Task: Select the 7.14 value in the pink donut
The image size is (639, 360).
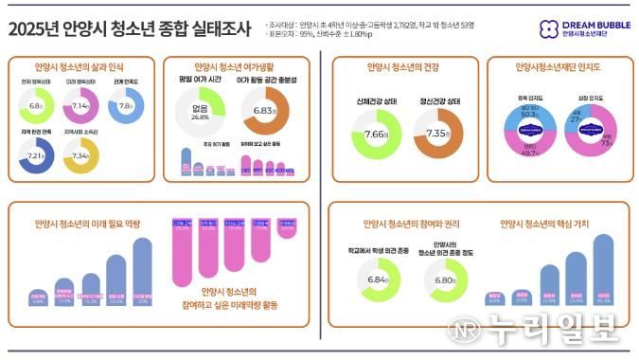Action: point(81,107)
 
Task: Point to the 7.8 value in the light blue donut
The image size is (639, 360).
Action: point(126,107)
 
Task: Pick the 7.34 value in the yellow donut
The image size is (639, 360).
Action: point(81,155)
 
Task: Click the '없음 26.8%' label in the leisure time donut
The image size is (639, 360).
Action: point(200,115)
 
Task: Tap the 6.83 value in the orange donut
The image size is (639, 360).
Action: point(266,112)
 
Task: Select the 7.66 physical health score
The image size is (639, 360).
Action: point(376,135)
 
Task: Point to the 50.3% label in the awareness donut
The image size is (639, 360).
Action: point(530,114)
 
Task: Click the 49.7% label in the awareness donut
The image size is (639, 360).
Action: point(530,152)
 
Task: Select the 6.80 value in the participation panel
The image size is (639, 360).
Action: point(442,280)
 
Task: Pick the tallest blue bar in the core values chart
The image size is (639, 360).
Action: point(604,269)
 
